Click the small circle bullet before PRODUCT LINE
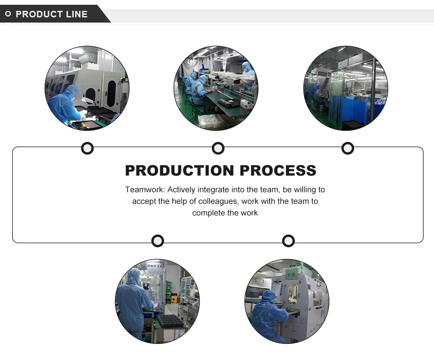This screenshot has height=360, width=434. pyautogui.click(x=8, y=14)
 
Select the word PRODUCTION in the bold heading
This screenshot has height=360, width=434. pyautogui.click(x=180, y=171)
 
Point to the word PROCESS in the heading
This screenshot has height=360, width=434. pyautogui.click(x=278, y=171)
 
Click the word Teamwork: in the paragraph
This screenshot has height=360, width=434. pyautogui.click(x=145, y=190)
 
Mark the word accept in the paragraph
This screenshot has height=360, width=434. pyautogui.click(x=144, y=201)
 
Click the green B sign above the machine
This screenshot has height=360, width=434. pyautogui.click(x=290, y=272)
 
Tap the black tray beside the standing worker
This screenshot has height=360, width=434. pyautogui.click(x=170, y=320)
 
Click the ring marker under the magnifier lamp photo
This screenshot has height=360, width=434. pyautogui.click(x=87, y=149)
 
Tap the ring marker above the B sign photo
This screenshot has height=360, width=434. pyautogui.click(x=288, y=241)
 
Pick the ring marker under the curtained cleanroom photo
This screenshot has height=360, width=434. pyautogui.click(x=348, y=149)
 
